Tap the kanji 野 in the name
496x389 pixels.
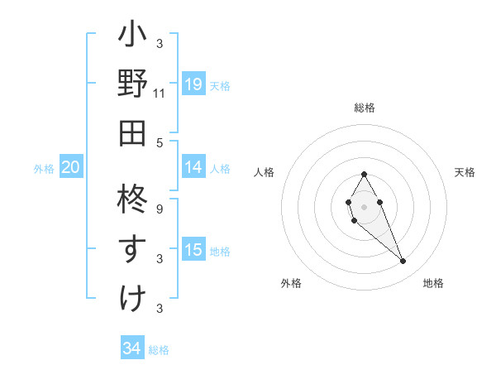point(132,85)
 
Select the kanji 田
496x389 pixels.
point(132,132)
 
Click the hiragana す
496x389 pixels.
point(132,248)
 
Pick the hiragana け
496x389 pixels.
point(132,296)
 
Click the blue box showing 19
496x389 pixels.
point(193,84)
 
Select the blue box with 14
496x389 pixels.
point(193,167)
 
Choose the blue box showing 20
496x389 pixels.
point(70,167)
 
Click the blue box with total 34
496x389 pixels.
point(132,348)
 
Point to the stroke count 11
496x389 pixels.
point(160,94)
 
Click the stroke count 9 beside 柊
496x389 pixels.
point(160,209)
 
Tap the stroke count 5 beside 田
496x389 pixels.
point(160,142)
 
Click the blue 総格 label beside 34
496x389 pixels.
point(159,350)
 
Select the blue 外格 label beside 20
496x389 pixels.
point(44,169)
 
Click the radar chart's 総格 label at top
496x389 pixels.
point(365,108)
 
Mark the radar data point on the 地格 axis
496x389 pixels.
point(403,262)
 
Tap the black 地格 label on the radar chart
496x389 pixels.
point(433,283)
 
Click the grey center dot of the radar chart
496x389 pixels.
point(365,206)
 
